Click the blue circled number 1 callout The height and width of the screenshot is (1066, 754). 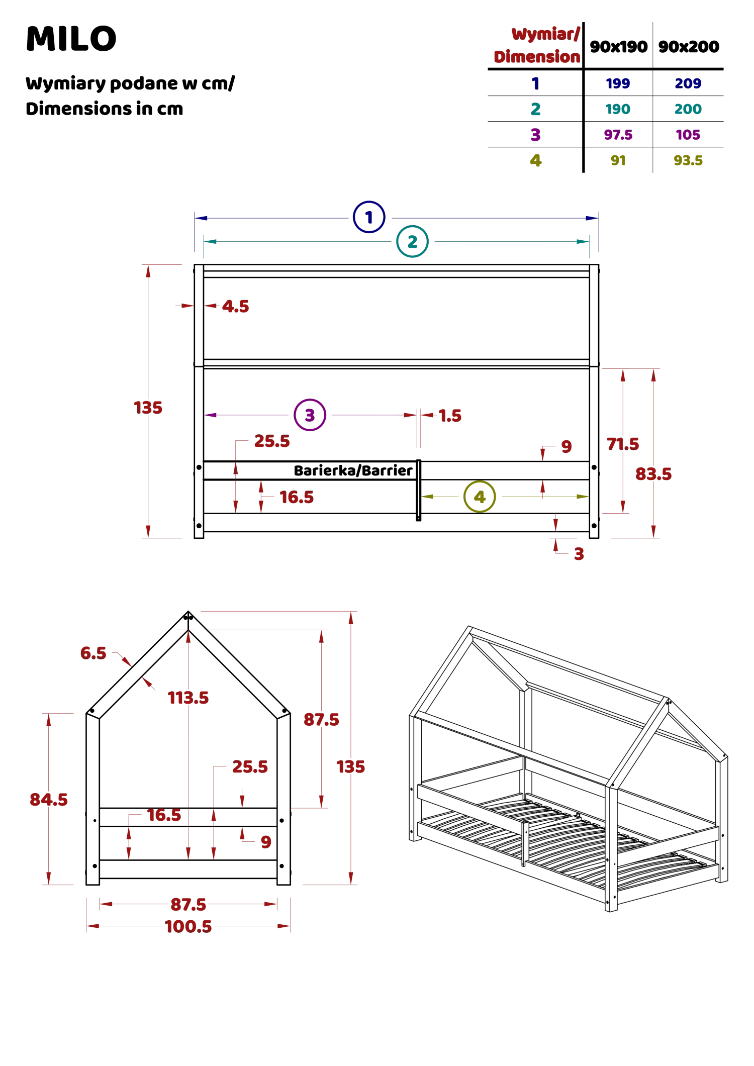(369, 217)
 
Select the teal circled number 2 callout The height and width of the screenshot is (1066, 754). (412, 242)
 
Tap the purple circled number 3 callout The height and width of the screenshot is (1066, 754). (310, 415)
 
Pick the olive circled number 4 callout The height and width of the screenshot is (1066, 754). (480, 497)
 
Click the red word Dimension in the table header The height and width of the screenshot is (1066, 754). (536, 57)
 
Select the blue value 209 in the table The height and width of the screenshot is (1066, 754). (688, 83)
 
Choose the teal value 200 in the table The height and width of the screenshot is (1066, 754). (688, 109)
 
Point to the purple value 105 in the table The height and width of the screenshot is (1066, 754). (688, 135)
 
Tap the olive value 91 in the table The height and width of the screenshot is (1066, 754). (618, 161)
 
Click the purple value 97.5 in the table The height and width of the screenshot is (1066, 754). (618, 135)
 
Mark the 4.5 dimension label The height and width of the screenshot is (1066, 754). (235, 306)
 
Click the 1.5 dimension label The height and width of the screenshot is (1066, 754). (450, 415)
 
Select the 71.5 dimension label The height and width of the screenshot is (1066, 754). (622, 443)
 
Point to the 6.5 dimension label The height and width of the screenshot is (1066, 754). (94, 653)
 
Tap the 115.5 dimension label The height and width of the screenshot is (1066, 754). (188, 698)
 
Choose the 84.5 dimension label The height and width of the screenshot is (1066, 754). (48, 800)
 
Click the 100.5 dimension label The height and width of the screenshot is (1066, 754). (189, 926)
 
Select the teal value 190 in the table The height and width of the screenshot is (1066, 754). (618, 109)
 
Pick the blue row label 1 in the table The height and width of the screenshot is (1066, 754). (536, 83)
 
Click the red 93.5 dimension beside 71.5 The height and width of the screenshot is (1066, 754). (653, 474)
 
